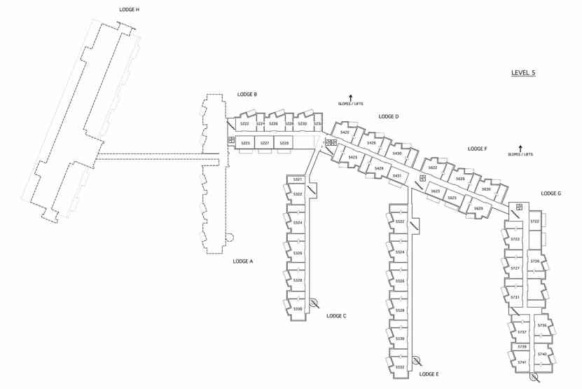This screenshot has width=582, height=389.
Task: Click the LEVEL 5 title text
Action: click(523, 73)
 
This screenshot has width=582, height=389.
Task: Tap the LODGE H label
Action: click(130, 10)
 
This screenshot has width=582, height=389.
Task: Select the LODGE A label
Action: click(242, 261)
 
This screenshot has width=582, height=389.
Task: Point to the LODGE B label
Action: click(247, 94)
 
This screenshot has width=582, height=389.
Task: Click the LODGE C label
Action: click(336, 316)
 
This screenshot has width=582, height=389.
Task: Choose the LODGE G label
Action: click(550, 193)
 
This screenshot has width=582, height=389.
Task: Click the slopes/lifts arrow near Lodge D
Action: click(350, 97)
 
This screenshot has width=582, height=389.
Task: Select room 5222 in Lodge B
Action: click(244, 124)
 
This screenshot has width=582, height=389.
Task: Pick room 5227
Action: click(264, 143)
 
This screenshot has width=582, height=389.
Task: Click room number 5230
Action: click(302, 124)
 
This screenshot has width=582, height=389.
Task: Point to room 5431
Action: click(396, 176)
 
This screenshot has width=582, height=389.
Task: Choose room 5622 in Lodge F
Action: click(432, 168)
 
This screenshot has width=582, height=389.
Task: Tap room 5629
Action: click(478, 208)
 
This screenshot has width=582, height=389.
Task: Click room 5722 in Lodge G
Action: click(534, 221)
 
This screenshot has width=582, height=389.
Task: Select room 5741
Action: click(522, 362)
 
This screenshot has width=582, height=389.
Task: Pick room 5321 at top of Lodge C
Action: click(298, 180)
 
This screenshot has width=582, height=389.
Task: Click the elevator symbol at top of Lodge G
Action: click(519, 207)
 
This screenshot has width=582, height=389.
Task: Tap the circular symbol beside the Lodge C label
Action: click(314, 303)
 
